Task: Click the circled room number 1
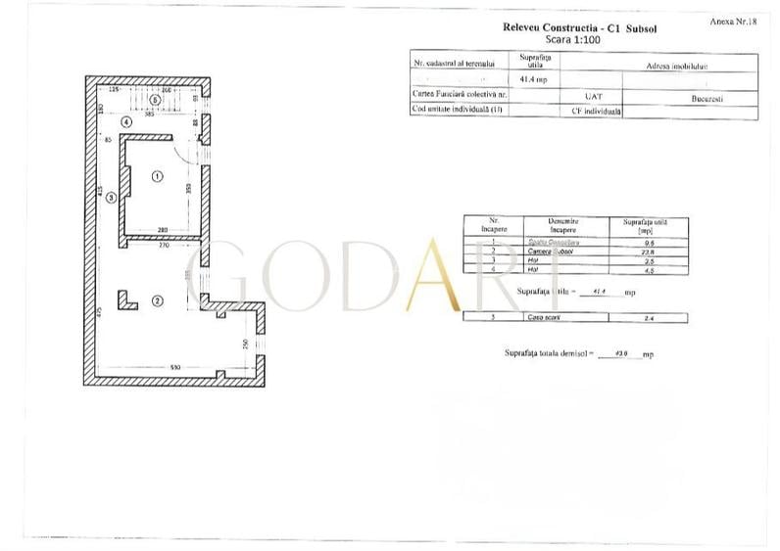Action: (157, 177)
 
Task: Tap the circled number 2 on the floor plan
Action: (157, 300)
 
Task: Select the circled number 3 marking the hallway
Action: (111, 197)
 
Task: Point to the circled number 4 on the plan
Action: (127, 121)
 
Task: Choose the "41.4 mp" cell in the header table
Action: (533, 77)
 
